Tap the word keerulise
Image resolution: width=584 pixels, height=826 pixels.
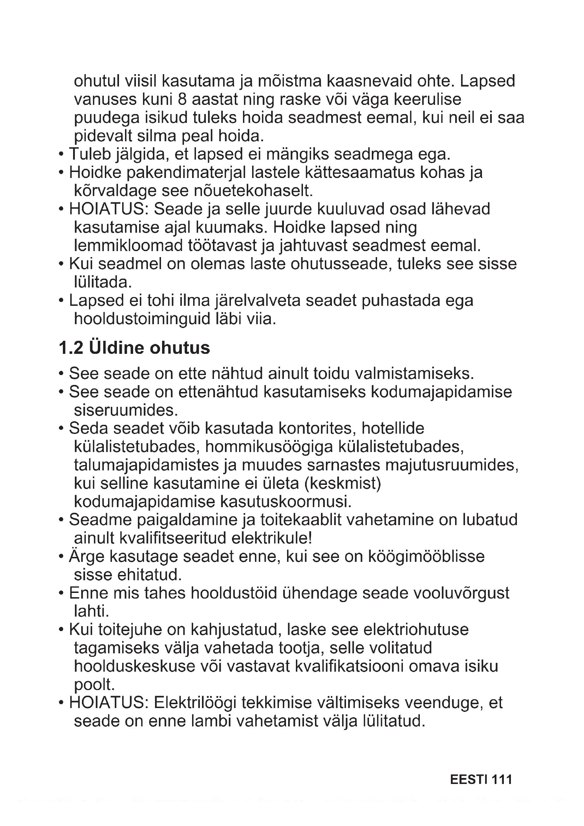[427, 99]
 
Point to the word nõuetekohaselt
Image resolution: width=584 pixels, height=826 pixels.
[254, 191]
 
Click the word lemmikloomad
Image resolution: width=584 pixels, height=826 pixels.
[129, 246]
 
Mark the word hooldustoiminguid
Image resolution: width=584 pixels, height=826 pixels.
[142, 319]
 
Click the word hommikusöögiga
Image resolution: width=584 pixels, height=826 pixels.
[269, 447]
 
